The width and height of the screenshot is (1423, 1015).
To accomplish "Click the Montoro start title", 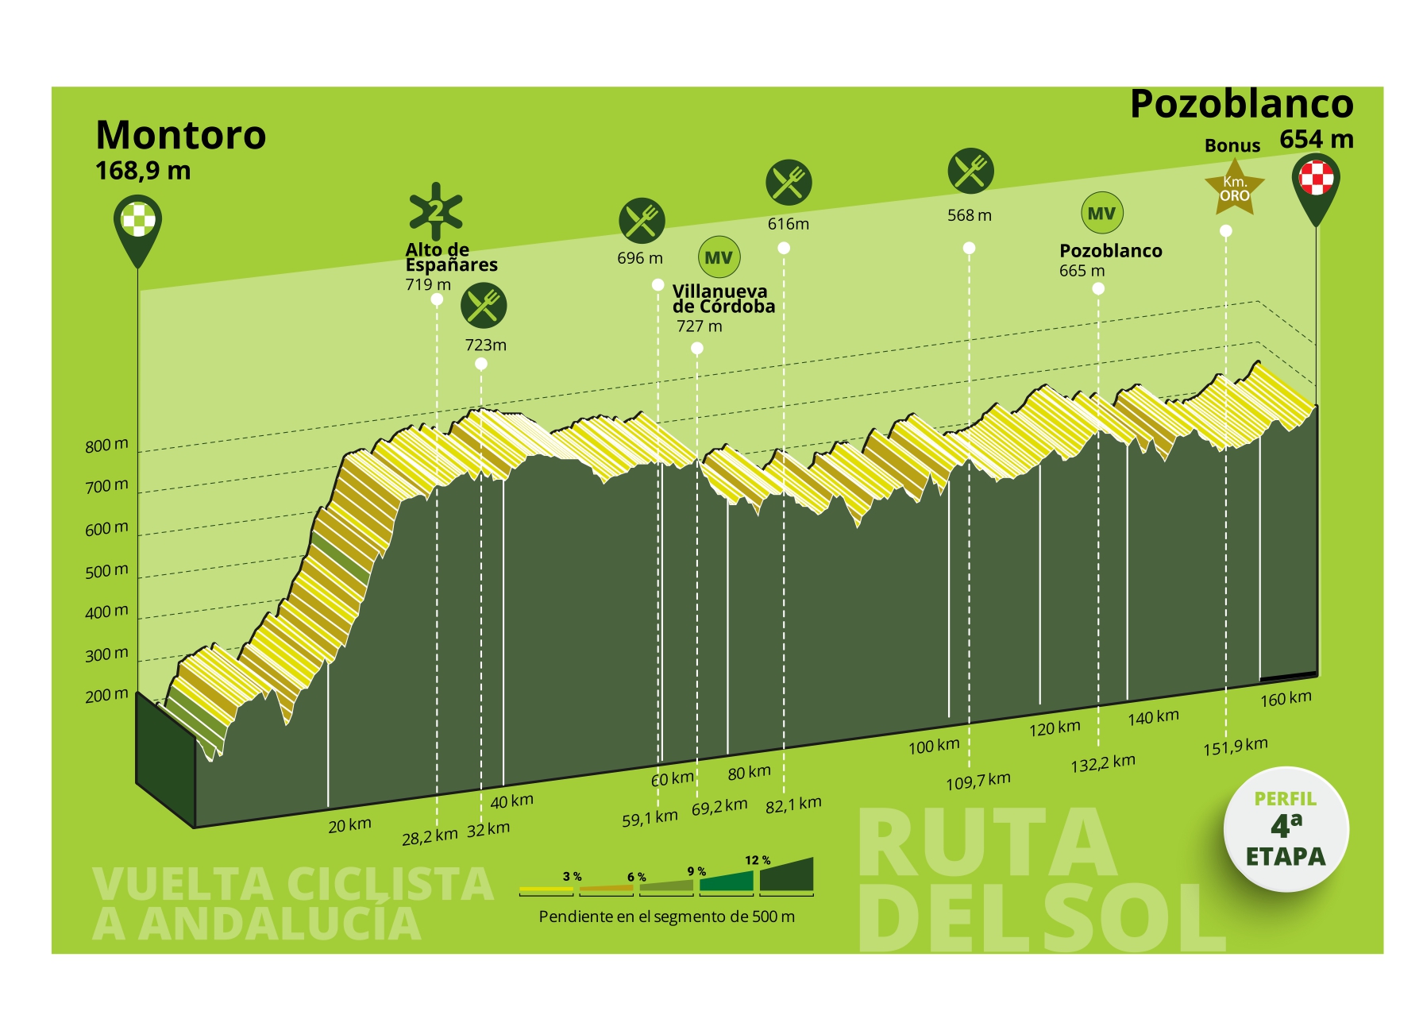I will click(x=181, y=135).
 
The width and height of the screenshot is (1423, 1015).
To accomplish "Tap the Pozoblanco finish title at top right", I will click(x=1241, y=104).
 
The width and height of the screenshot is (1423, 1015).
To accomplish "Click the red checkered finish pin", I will click(x=1316, y=179).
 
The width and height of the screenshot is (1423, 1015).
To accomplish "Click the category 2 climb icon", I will click(x=436, y=211).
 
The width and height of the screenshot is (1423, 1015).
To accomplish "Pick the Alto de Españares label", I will click(x=451, y=257).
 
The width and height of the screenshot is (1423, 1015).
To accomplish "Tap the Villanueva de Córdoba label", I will click(x=723, y=299).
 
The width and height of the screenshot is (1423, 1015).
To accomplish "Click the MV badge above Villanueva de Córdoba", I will click(x=719, y=257).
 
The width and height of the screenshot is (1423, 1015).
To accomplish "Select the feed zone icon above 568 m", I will click(x=970, y=171).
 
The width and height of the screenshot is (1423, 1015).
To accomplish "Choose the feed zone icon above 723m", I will click(x=484, y=306).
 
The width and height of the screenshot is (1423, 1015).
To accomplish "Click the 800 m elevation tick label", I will click(x=106, y=446).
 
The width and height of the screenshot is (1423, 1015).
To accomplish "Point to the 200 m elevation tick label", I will click(x=106, y=696).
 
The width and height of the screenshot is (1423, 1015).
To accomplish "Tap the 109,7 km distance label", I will click(x=978, y=782).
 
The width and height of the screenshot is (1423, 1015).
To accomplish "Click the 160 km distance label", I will click(x=1286, y=699).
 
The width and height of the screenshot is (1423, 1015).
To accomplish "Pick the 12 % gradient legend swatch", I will click(x=786, y=875).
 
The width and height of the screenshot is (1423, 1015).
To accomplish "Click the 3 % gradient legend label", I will click(x=572, y=877).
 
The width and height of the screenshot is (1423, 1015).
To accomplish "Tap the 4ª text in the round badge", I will click(x=1286, y=826).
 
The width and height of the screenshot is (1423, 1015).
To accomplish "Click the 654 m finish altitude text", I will click(x=1316, y=140).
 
